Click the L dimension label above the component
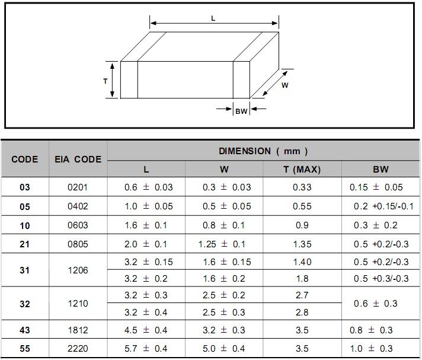tap(213, 18)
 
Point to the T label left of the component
tap(105, 81)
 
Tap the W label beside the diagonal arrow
tap(284, 85)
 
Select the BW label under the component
tap(241, 111)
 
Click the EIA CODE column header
tap(78, 159)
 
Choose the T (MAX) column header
tap(302, 170)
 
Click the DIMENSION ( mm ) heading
tap(263, 151)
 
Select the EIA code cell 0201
tap(78, 187)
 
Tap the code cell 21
tap(24, 244)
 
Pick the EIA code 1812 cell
tap(78, 330)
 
